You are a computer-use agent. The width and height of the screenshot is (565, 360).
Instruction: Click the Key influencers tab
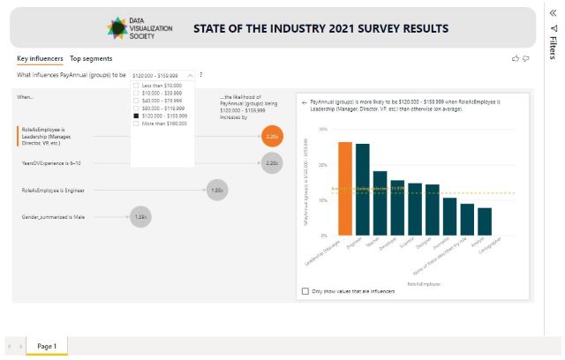tap(40, 58)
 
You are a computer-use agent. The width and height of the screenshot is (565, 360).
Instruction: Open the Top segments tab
tap(91, 58)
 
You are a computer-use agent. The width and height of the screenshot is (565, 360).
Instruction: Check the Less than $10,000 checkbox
tap(136, 86)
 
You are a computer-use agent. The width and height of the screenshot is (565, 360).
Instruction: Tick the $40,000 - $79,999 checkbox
tap(136, 101)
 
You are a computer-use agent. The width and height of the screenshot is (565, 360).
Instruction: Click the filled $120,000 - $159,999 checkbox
tap(136, 116)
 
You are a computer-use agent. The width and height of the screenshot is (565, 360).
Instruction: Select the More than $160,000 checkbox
tap(136, 124)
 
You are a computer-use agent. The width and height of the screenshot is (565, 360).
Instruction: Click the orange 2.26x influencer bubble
tap(272, 137)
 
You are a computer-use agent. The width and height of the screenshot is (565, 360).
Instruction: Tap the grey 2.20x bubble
tap(272, 163)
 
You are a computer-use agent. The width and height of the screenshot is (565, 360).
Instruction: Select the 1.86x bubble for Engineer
tap(217, 190)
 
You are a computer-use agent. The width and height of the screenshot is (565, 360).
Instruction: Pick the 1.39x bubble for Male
tap(141, 216)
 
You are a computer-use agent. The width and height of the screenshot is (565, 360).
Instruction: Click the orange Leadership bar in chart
tap(345, 189)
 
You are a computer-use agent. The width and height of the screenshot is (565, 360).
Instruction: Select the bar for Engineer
tap(363, 190)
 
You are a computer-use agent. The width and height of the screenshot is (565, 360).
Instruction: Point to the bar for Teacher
tap(380, 203)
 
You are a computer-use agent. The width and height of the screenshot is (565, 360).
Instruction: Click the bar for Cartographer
tap(485, 221)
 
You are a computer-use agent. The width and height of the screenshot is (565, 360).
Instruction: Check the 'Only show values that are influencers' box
tap(305, 291)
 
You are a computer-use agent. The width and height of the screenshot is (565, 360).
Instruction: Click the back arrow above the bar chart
tap(304, 102)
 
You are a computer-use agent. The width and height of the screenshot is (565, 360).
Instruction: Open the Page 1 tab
tap(47, 347)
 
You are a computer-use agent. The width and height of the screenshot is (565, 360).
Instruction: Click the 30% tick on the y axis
tap(323, 129)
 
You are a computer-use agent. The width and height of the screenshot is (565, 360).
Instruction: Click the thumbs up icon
tap(516, 58)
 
